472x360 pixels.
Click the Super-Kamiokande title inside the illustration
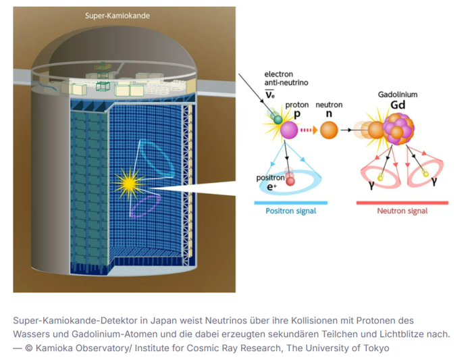coord(117,16)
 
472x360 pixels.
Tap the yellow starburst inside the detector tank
coord(130,183)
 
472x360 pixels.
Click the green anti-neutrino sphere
coord(278,120)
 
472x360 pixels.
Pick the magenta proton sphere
coord(289,130)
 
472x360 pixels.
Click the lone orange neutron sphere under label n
coord(329,130)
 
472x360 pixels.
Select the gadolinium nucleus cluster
coord(398,128)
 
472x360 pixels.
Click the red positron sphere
coord(290,181)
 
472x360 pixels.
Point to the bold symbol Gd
coord(398,105)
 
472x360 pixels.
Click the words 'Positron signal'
coord(291,211)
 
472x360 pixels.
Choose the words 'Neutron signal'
coord(402,211)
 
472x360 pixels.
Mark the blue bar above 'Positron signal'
coord(291,203)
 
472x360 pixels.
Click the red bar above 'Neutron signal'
coord(402,203)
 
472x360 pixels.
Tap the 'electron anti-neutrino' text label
coord(286,78)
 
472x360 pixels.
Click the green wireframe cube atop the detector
coord(103,86)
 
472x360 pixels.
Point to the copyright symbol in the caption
coord(29,349)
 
